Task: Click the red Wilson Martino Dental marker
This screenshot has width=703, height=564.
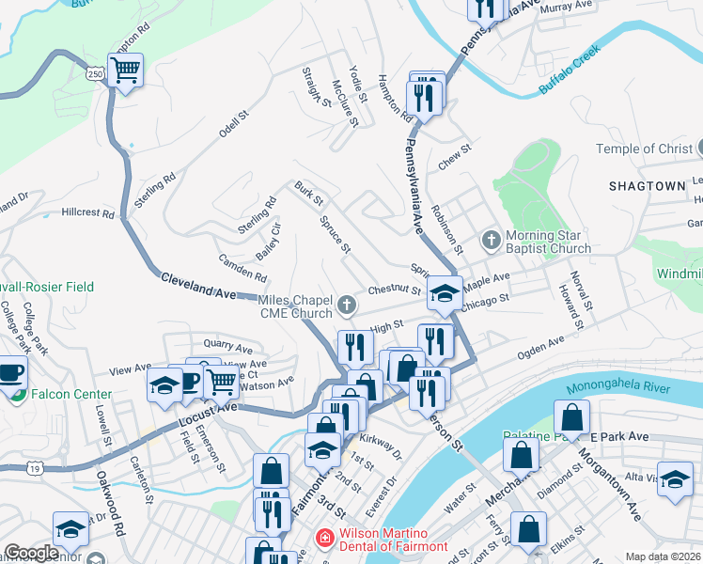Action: pyautogui.click(x=323, y=538)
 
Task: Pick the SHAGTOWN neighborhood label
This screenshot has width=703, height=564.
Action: pyautogui.click(x=647, y=186)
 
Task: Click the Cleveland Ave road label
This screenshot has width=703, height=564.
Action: pyautogui.click(x=198, y=286)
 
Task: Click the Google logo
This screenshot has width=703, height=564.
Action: pyautogui.click(x=32, y=553)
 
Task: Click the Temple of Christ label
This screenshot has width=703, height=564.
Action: pyautogui.click(x=645, y=149)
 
